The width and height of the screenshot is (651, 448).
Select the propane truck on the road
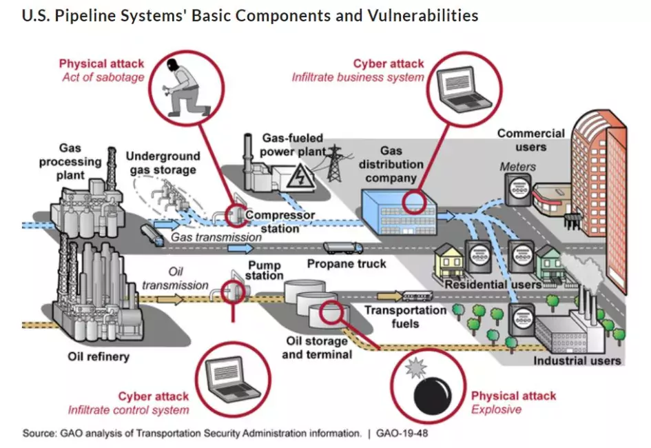(x=342, y=247)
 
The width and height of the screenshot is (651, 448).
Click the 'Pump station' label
(x=265, y=271)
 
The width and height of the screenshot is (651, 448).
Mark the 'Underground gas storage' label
(x=163, y=163)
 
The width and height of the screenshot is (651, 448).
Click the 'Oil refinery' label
(x=99, y=357)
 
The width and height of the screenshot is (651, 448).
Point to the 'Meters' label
(x=517, y=166)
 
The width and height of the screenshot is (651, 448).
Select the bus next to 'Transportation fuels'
(x=417, y=296)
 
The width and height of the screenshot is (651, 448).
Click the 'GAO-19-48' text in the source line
(x=402, y=434)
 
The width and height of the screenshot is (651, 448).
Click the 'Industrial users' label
(x=577, y=360)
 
